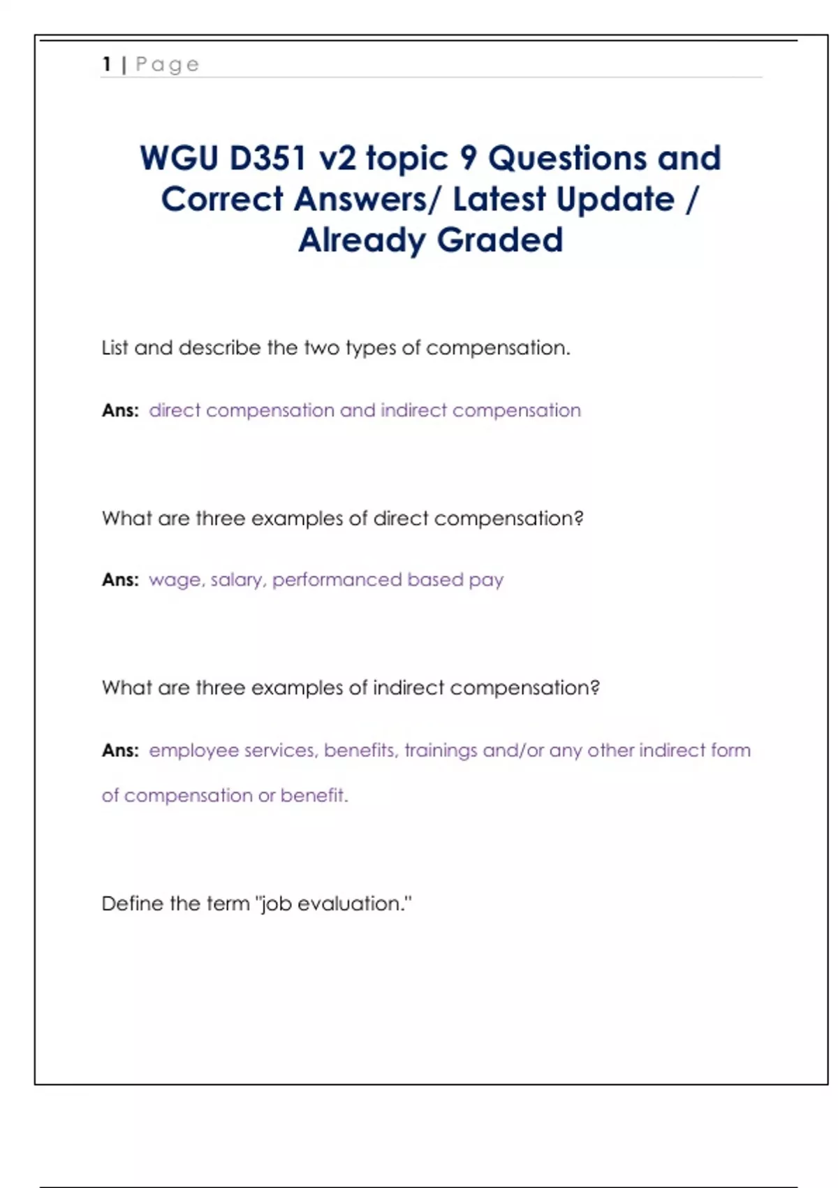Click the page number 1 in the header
click(107, 64)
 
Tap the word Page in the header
click(167, 65)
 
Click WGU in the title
click(179, 158)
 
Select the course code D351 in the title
click(267, 158)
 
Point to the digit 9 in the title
click(468, 158)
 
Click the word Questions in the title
click(567, 158)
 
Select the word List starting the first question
click(115, 348)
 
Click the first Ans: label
click(120, 410)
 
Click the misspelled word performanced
click(337, 580)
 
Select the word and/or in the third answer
click(513, 751)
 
